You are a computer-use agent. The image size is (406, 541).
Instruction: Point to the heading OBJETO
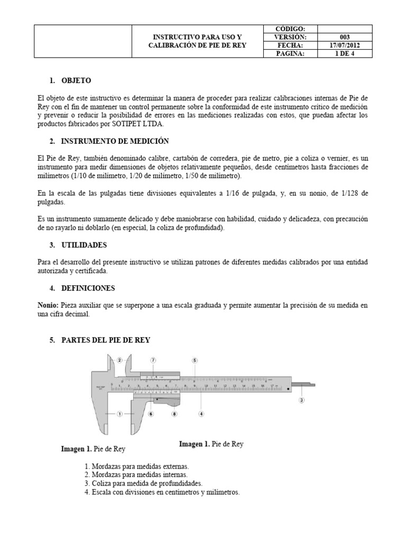[x=76, y=81]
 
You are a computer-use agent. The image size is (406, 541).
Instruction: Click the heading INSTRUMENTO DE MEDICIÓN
[x=115, y=141]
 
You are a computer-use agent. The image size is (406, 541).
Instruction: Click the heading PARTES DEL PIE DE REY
[x=106, y=340]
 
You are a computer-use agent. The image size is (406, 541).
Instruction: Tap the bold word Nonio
[x=48, y=305]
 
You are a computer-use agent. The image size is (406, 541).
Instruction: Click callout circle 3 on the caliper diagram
[x=301, y=400]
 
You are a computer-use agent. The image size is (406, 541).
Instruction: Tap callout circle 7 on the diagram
[x=153, y=360]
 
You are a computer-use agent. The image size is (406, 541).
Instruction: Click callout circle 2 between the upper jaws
[x=119, y=360]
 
